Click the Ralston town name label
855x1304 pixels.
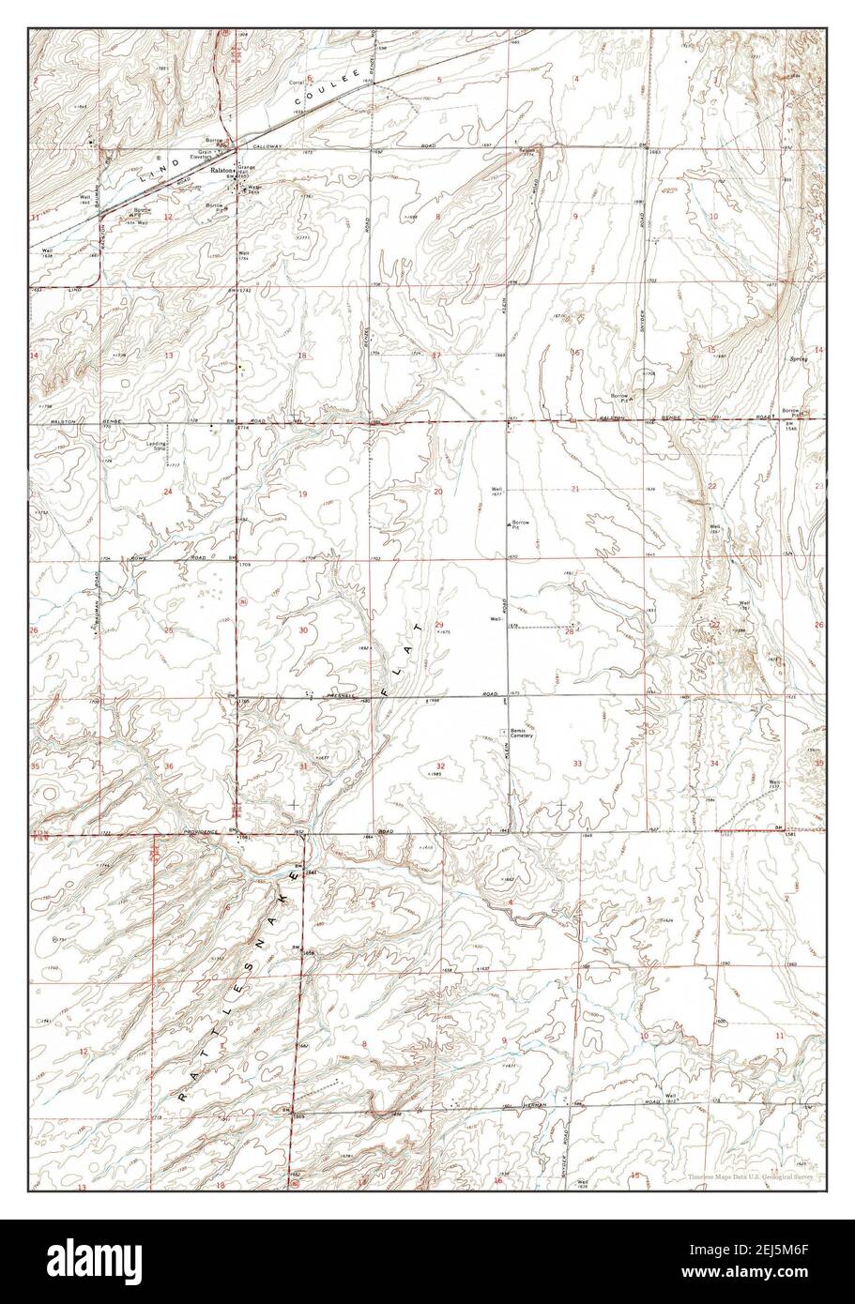coord(221,172)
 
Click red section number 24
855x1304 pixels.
coord(168,492)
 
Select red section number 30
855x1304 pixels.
coord(302,630)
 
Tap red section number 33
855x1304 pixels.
coord(577,765)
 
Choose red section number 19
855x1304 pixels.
coord(302,493)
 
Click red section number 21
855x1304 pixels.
coord(574,490)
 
